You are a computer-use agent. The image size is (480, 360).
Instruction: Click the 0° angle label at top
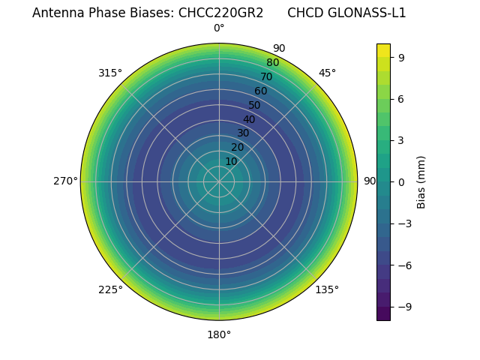(x=219, y=28)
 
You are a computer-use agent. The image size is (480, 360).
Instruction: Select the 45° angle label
(x=327, y=73)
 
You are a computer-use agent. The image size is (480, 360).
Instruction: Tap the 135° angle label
(x=327, y=289)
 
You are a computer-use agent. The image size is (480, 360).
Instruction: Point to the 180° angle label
(x=219, y=334)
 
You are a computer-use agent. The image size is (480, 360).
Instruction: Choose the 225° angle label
(x=110, y=289)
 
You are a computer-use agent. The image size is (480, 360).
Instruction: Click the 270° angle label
(x=65, y=181)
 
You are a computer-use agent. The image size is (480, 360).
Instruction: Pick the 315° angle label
(x=110, y=73)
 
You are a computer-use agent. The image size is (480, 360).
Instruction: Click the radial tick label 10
(x=231, y=161)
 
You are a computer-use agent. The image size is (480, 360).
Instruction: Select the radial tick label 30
(x=243, y=133)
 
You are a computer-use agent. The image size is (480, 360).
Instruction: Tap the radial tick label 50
(x=255, y=105)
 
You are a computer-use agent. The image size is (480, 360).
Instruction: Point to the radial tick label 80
(x=272, y=62)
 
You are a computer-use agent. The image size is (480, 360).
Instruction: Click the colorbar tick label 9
(x=402, y=57)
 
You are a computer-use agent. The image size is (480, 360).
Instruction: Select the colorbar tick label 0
(x=402, y=181)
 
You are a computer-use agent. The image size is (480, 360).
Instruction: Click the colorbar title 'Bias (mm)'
(x=421, y=181)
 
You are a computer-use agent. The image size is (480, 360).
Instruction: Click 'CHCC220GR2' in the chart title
(x=220, y=13)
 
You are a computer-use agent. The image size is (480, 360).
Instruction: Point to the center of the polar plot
(x=219, y=181)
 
